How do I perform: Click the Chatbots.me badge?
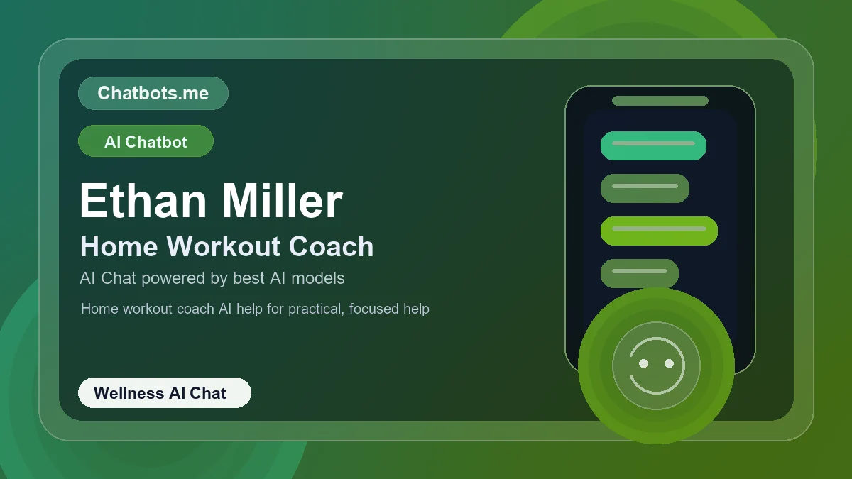(153, 93)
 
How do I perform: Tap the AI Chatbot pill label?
(146, 141)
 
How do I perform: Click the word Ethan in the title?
(143, 201)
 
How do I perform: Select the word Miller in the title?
(282, 201)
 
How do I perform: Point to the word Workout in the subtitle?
(223, 246)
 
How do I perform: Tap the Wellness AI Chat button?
(164, 393)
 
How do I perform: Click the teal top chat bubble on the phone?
(653, 145)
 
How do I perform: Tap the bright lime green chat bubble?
(659, 231)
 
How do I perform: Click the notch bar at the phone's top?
(660, 101)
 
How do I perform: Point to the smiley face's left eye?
(644, 363)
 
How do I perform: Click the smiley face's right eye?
(669, 363)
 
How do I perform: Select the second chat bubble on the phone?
(645, 188)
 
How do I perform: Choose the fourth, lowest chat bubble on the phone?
(640, 273)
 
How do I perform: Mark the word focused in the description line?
(374, 309)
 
